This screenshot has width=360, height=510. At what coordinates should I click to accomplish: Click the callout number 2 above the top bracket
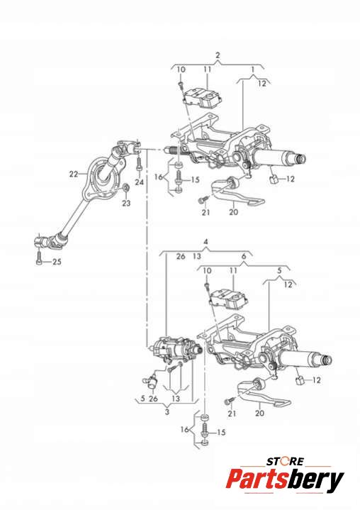(218, 55)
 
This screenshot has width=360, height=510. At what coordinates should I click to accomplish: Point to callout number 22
(74, 174)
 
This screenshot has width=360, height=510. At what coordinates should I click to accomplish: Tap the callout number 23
(126, 204)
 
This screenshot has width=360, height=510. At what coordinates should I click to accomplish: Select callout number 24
(140, 182)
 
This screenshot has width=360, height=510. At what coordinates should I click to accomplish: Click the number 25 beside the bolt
(57, 262)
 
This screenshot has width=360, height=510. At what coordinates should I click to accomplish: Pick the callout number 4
(206, 242)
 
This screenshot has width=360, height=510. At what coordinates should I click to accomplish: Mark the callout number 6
(244, 256)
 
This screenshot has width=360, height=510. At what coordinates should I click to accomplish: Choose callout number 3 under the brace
(167, 412)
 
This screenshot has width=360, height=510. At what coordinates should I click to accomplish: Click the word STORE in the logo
(286, 461)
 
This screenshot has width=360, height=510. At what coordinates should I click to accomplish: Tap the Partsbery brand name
(285, 479)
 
